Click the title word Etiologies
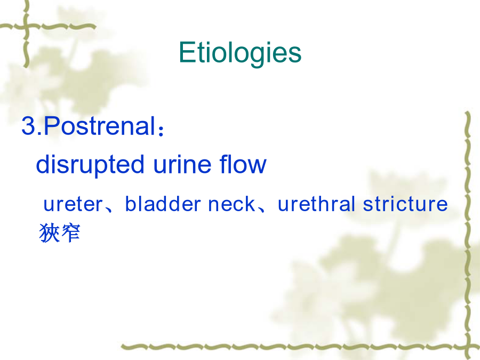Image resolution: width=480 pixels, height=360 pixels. [240, 53]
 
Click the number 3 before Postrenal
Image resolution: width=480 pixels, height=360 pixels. [28, 126]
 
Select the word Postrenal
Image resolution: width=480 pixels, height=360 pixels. [100, 125]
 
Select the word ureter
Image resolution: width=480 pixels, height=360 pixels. [73, 204]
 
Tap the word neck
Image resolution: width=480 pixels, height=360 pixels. [231, 204]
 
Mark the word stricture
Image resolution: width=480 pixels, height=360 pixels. [405, 204]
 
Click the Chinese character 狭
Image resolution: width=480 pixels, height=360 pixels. [49, 233]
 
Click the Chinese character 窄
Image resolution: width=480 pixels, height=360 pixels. [71, 233]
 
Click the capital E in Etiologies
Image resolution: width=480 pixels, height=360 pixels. [187, 52]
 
